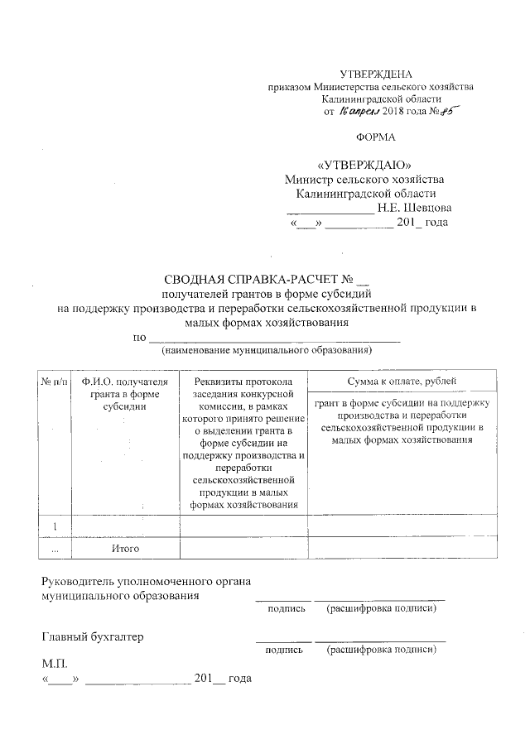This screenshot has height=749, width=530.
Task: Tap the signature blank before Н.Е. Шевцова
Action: point(324,209)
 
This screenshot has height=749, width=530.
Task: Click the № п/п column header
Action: point(54,382)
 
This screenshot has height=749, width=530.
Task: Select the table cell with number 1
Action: point(55,526)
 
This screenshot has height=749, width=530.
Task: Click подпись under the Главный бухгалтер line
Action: point(284,651)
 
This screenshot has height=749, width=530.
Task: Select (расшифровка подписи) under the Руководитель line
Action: point(381,610)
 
